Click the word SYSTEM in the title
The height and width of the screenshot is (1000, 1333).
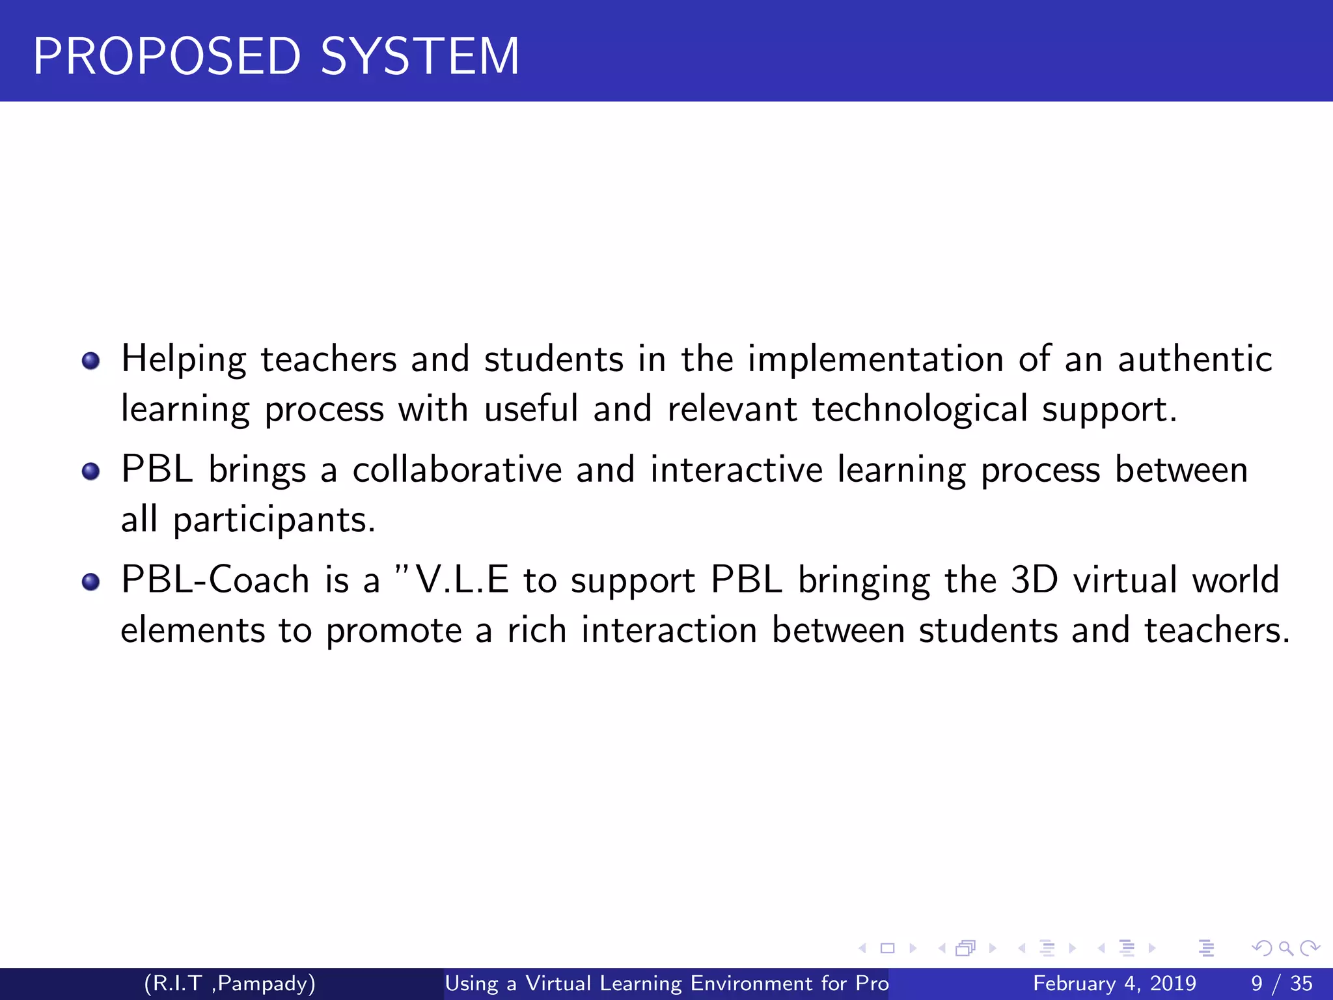tap(420, 57)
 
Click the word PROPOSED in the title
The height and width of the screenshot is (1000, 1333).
tap(167, 57)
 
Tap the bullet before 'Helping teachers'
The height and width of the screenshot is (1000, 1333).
tap(91, 361)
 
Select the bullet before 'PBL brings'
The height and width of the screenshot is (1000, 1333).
tap(91, 471)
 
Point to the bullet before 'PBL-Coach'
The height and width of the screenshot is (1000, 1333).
tap(91, 581)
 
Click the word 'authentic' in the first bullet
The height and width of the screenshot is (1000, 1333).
tap(1194, 359)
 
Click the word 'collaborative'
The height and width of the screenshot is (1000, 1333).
tap(457, 469)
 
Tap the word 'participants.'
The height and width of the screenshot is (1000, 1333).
tap(274, 521)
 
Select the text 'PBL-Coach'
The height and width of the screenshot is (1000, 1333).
tap(215, 579)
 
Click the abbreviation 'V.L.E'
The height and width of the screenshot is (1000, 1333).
tap(462, 579)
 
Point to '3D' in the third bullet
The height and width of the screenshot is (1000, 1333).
tap(1034, 579)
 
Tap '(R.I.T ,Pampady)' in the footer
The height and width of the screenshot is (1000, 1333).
tap(230, 983)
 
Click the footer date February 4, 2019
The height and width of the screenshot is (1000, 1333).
tap(1114, 983)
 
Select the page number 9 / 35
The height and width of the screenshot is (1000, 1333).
tap(1282, 983)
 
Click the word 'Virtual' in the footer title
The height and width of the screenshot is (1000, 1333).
tap(558, 983)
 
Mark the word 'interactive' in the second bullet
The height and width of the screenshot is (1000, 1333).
tap(737, 469)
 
